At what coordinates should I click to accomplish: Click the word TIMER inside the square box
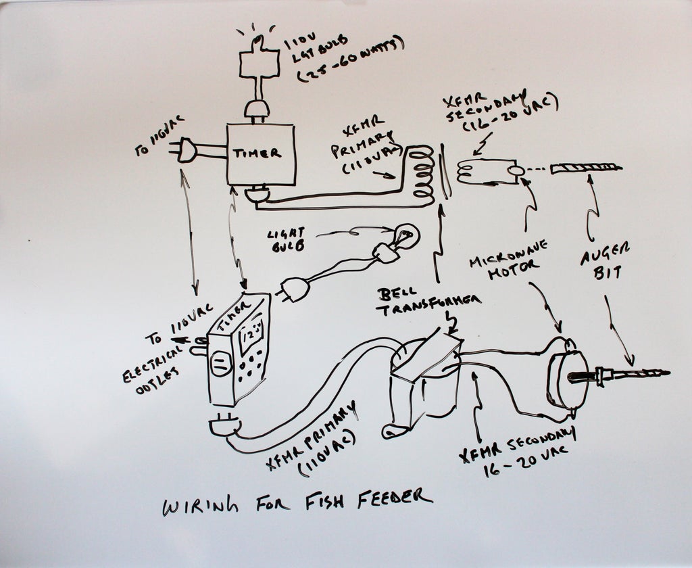257,153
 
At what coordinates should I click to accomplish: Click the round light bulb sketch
406,237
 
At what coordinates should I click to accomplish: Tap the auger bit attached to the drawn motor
635,372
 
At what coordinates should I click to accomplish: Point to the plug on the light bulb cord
295,289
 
